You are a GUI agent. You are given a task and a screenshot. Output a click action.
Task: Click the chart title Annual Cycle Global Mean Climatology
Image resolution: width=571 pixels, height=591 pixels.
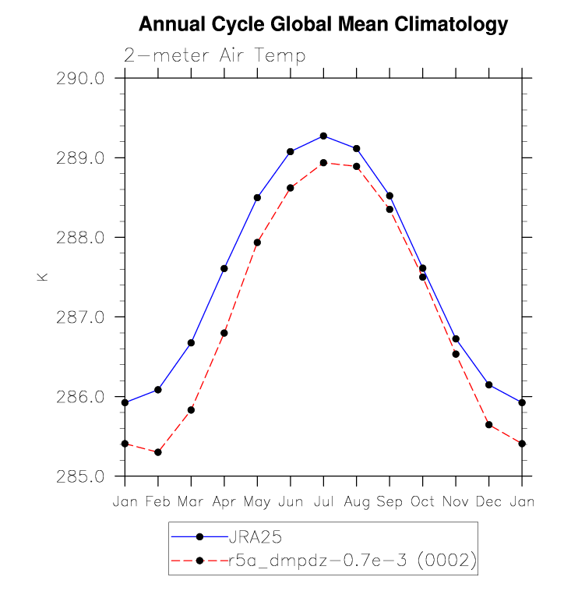(323, 25)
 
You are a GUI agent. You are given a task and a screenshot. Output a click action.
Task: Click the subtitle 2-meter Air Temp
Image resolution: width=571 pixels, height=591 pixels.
(214, 56)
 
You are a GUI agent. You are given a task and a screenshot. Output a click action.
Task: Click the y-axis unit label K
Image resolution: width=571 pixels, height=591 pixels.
(43, 277)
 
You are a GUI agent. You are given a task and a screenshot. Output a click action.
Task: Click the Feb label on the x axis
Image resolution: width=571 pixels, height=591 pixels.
(157, 501)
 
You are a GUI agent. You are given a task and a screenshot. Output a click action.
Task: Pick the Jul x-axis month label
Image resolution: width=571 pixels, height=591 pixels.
(323, 501)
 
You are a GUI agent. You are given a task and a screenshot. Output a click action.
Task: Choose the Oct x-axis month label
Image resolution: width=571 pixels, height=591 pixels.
(423, 501)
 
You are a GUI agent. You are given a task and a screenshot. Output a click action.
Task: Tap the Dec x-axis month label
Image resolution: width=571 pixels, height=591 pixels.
(489, 501)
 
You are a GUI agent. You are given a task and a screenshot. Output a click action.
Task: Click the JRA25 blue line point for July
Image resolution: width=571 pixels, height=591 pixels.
(323, 136)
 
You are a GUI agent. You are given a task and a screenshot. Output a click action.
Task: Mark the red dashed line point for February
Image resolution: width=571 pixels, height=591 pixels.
(158, 452)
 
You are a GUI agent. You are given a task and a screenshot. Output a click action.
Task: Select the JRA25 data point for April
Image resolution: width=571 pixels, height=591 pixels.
(224, 268)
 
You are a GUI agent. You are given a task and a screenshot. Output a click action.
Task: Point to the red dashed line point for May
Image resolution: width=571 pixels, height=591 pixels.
(257, 242)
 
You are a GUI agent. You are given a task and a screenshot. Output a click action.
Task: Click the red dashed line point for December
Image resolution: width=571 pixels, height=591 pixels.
(489, 425)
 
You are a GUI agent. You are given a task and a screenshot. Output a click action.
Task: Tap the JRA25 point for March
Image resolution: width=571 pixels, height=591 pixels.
(191, 343)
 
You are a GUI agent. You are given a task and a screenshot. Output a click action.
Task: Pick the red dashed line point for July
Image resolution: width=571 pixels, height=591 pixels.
(323, 163)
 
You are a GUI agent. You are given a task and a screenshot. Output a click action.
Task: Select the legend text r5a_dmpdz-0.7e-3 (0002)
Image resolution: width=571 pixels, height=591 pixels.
(348, 561)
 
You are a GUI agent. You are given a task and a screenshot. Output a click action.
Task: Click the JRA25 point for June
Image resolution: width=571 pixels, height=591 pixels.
(291, 151)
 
